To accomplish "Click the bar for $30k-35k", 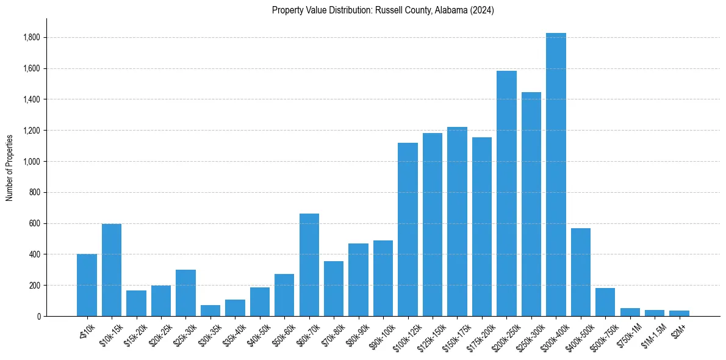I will click(x=210, y=311).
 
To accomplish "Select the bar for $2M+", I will click(x=679, y=314).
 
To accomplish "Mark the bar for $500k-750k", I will click(x=605, y=302).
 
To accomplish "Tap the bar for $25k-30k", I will click(x=185, y=293).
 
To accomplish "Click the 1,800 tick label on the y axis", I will click(x=31, y=38).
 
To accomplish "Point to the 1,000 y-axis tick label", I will click(x=31, y=162).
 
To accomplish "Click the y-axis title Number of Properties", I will click(x=9, y=167).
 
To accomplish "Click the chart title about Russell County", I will click(x=383, y=10).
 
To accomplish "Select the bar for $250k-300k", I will click(x=531, y=204).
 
